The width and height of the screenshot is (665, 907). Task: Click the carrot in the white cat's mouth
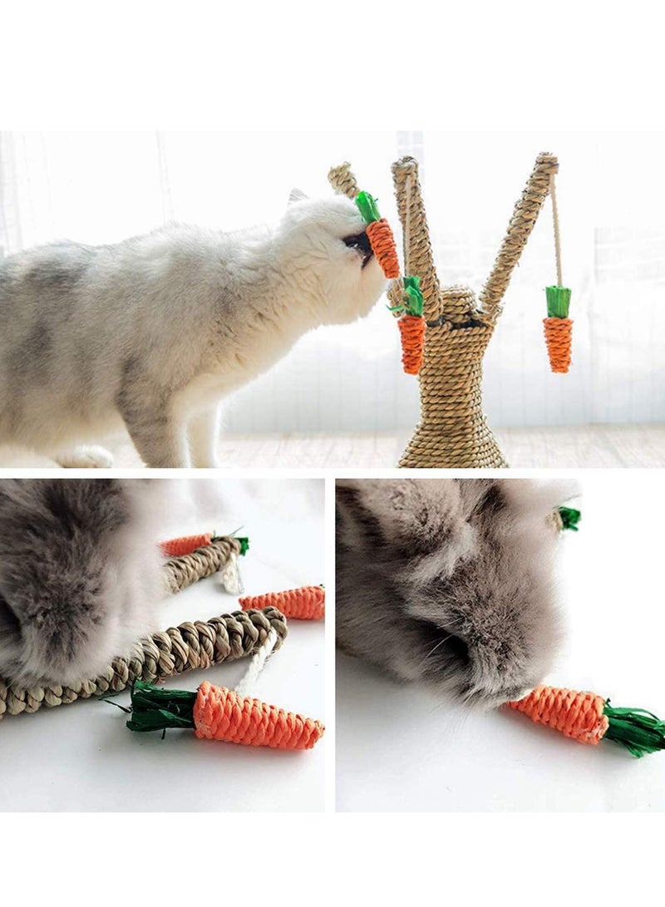[x=383, y=248]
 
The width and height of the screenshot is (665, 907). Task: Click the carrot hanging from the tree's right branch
[x=558, y=343]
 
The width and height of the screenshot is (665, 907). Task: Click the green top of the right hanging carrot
[x=558, y=301]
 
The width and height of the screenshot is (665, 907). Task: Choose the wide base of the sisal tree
[x=453, y=445]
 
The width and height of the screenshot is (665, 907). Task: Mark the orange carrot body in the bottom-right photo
[x=560, y=713]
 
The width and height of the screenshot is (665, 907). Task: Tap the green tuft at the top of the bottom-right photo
[x=569, y=518]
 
